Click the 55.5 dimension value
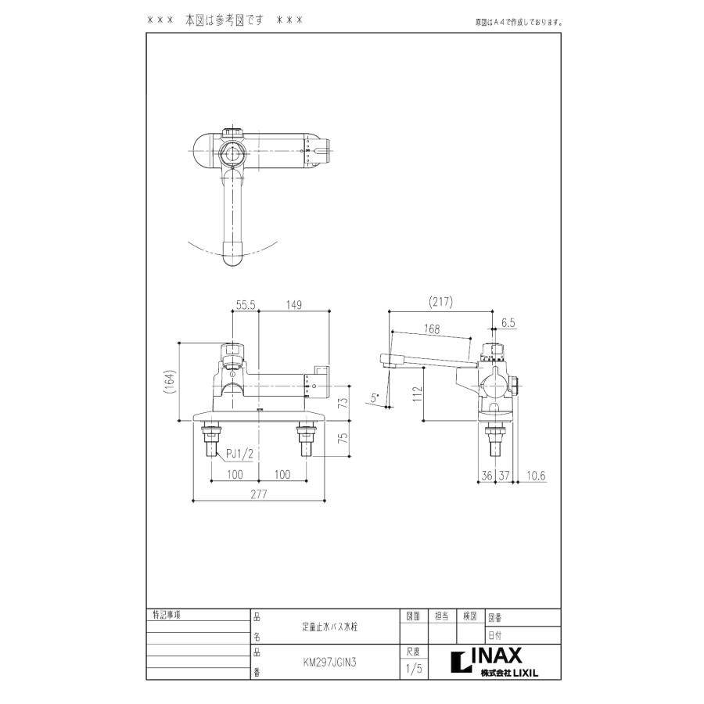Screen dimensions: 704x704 point(245,307)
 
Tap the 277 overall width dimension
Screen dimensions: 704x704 point(259,494)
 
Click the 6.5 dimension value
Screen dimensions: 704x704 point(507,321)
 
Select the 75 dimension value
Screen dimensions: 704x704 point(342,439)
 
